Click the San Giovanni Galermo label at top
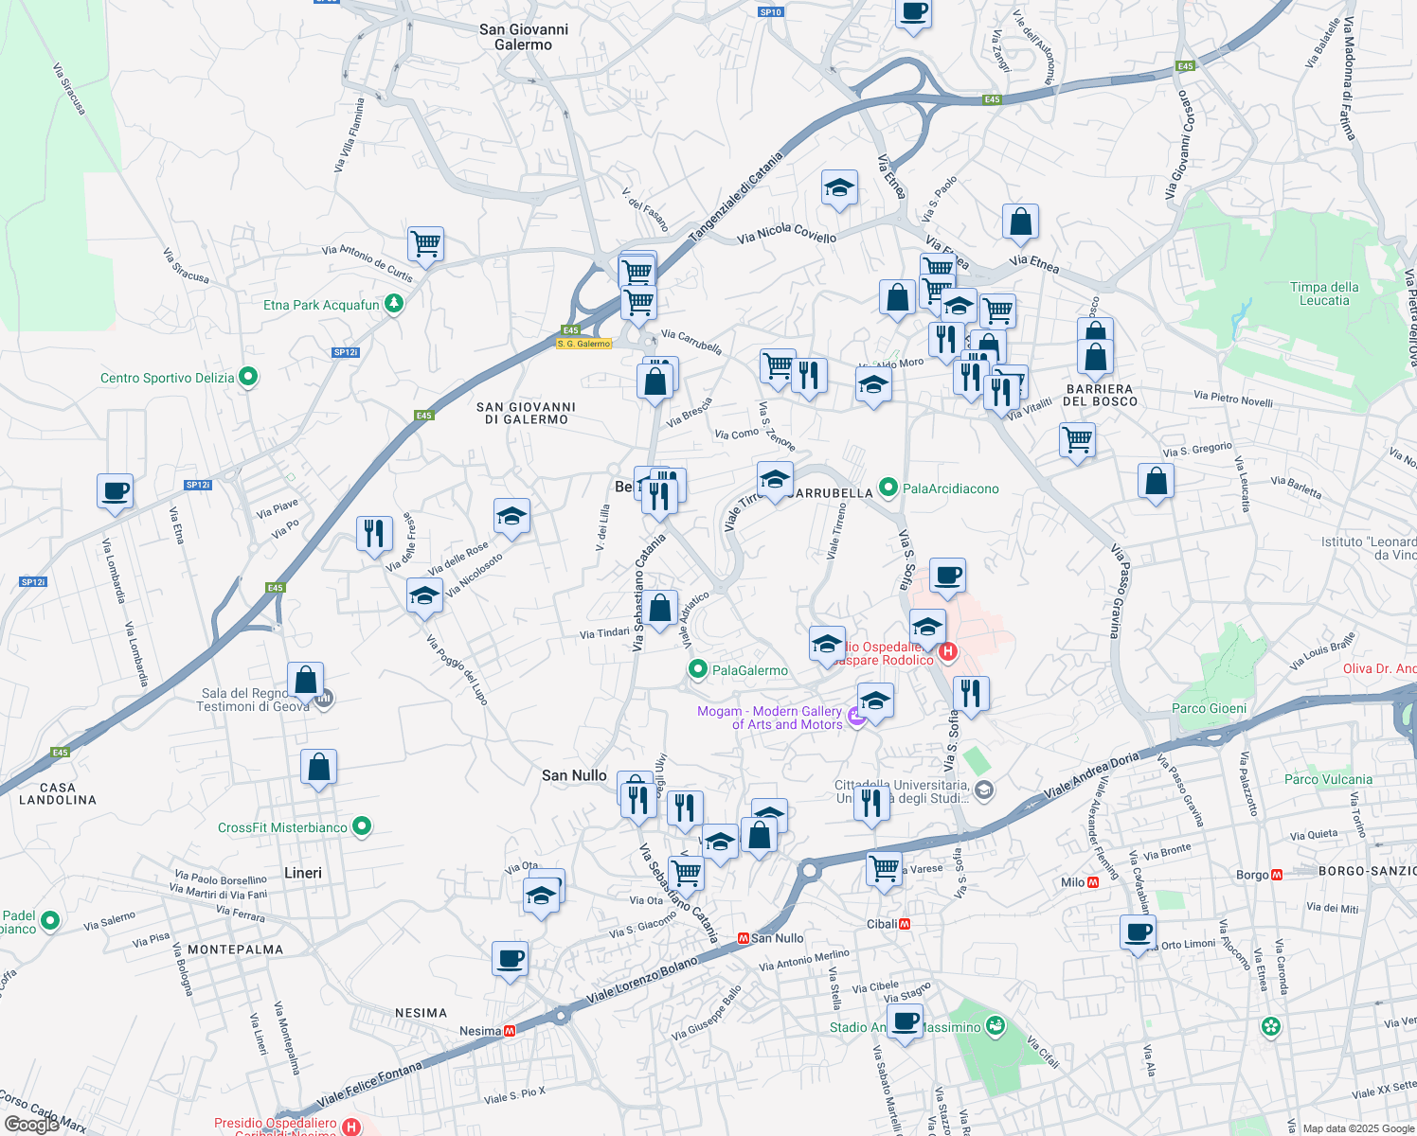[x=524, y=37]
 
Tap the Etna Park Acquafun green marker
[x=394, y=304]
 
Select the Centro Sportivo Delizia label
[x=168, y=378]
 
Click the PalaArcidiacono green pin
[x=888, y=488]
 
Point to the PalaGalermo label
[x=749, y=670]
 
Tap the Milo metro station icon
[x=1093, y=882]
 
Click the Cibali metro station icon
[x=905, y=924]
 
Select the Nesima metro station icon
[x=510, y=1031]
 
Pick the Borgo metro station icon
[x=1276, y=875]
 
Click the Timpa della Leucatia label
[x=1324, y=293]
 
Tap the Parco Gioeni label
[x=1209, y=708]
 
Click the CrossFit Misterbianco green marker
[x=361, y=826]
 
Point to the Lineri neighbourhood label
[x=303, y=873]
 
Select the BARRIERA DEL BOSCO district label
[x=1100, y=395]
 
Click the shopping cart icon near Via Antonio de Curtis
[x=426, y=244]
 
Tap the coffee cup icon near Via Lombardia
[x=115, y=491]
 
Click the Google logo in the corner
[x=31, y=1125]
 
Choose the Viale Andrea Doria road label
[x=1091, y=774]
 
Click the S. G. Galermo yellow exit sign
[x=583, y=344]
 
